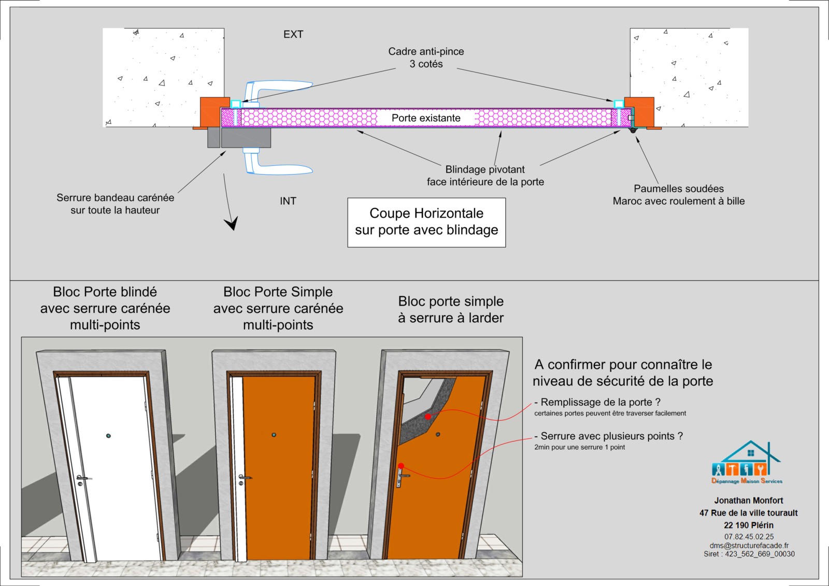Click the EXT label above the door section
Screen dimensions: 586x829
(x=293, y=34)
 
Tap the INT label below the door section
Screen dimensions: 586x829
(x=288, y=201)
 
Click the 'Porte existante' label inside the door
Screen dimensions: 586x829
(x=426, y=118)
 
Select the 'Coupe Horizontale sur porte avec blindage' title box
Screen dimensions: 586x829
(x=426, y=222)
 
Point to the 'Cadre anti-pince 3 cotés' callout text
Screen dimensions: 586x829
(x=426, y=58)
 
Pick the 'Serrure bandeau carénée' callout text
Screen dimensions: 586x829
(x=115, y=204)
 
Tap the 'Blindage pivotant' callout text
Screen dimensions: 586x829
(x=485, y=176)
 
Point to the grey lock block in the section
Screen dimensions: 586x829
(x=245, y=138)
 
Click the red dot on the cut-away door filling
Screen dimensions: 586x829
(x=428, y=417)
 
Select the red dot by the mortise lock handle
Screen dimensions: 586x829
(x=401, y=466)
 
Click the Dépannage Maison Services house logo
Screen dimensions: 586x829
(x=747, y=463)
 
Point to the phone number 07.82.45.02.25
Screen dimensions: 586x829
(x=749, y=537)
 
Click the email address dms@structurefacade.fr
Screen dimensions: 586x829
(x=749, y=546)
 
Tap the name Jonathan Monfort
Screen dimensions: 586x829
(x=749, y=501)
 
